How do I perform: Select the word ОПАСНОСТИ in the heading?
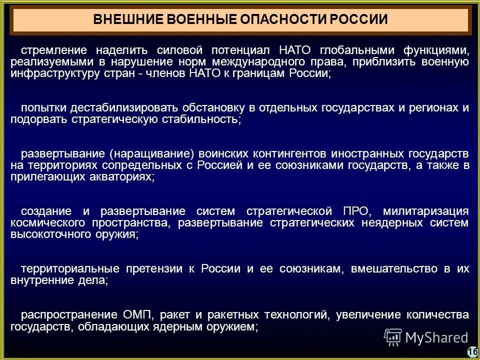(280, 20)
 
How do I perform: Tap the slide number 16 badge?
(472, 352)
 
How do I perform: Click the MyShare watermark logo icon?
(393, 337)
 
